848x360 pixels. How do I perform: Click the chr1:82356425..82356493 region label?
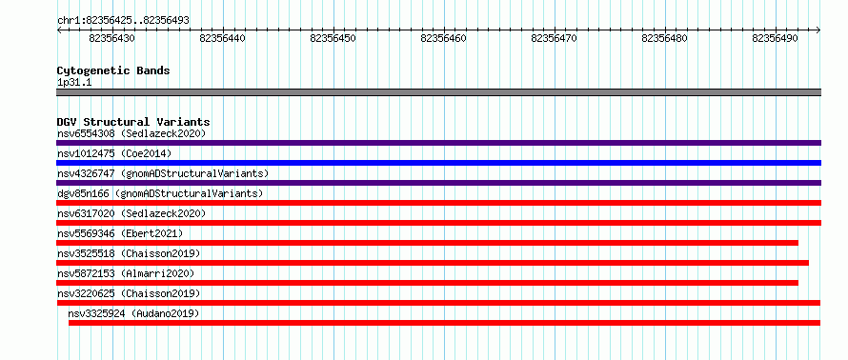[123, 21]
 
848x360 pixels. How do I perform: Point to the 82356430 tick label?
[112, 38]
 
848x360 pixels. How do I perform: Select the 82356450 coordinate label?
[333, 38]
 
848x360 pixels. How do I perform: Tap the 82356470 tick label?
[555, 38]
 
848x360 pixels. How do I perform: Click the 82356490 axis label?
[775, 38]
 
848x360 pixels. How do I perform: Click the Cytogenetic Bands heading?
[113, 70]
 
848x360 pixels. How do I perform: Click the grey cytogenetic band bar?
[438, 92]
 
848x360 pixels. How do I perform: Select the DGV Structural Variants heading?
[133, 122]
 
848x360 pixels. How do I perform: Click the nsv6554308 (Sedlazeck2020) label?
[131, 133]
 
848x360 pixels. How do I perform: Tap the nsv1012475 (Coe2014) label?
[114, 153]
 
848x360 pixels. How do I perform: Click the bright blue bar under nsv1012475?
[438, 163]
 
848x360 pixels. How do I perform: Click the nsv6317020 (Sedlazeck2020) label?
[131, 213]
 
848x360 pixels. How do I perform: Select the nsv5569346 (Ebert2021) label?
[120, 233]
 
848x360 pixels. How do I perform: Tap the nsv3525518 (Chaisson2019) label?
[129, 253]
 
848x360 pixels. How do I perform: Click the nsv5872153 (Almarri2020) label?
[126, 273]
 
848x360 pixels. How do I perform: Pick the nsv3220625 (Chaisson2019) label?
[129, 293]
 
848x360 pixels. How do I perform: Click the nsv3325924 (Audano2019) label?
[133, 313]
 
